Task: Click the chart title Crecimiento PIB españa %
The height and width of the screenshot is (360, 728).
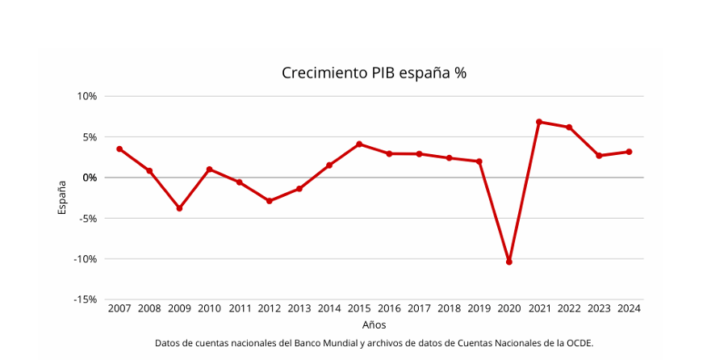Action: tap(374, 73)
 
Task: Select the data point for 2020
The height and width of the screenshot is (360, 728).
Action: tap(509, 262)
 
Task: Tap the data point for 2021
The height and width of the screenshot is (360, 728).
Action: tap(539, 122)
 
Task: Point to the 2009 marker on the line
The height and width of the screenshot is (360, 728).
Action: tap(179, 208)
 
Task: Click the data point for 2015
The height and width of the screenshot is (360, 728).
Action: tap(359, 144)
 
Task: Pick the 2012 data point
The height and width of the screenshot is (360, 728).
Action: tap(270, 201)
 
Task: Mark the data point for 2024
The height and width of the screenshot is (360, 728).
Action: tap(629, 152)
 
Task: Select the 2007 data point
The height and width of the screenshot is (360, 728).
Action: tap(119, 149)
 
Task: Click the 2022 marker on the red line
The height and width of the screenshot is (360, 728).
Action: tap(569, 128)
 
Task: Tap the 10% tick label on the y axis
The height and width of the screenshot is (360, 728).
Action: tap(87, 96)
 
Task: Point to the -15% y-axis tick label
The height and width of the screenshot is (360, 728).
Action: tap(85, 299)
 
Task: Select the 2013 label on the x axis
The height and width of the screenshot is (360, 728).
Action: tap(299, 308)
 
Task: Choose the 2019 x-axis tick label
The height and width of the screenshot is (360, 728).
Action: tap(479, 308)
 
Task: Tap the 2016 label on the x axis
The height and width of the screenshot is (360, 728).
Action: tap(389, 308)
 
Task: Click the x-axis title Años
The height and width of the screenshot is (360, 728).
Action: tap(374, 324)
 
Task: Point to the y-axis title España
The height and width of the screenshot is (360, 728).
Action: tap(63, 197)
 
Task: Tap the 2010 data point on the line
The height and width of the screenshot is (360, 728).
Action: tap(209, 170)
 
